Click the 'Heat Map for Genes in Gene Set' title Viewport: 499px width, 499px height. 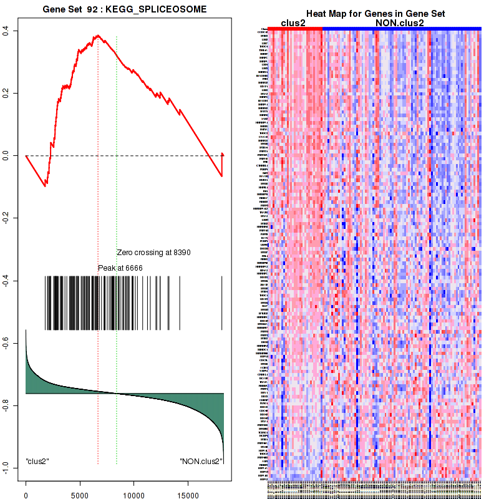375,14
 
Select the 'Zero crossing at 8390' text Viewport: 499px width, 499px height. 153,253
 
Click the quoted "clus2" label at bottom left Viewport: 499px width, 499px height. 37,462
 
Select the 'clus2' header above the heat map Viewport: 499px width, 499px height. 293,22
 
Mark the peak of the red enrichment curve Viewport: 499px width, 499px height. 97,36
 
